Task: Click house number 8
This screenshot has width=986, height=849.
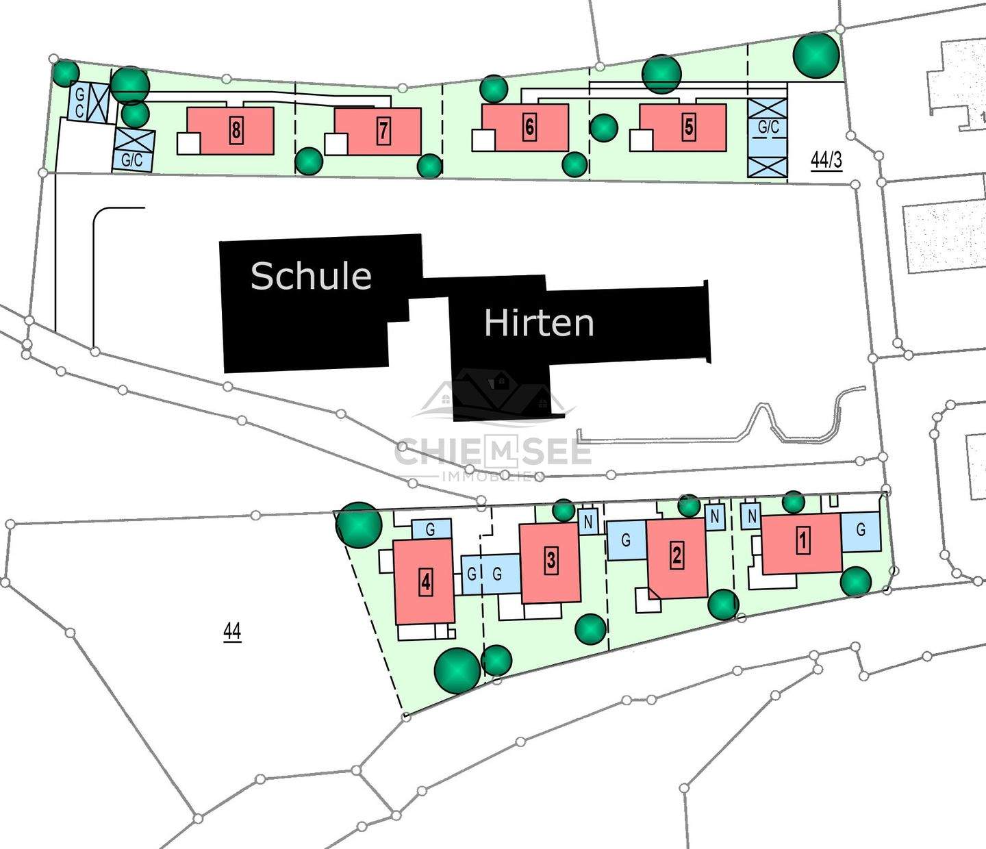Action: click(x=236, y=129)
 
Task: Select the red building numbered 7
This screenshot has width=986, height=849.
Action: click(x=383, y=131)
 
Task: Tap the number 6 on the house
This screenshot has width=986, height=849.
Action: click(x=529, y=127)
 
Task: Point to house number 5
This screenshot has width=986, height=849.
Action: click(x=689, y=127)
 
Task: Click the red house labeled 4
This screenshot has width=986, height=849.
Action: click(x=426, y=582)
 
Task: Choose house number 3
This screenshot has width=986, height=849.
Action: click(x=551, y=561)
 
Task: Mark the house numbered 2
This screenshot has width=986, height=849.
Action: click(x=677, y=555)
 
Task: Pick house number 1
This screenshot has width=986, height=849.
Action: click(x=802, y=542)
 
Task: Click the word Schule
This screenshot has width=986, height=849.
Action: click(x=311, y=275)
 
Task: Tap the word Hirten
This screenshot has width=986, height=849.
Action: click(x=539, y=322)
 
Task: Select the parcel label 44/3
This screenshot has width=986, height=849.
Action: click(x=826, y=160)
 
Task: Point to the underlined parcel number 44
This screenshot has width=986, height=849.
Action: click(x=232, y=631)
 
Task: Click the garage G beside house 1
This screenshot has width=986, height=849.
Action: click(x=861, y=530)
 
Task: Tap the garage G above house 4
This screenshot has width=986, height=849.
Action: click(x=431, y=529)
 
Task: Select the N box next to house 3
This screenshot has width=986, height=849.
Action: click(x=588, y=522)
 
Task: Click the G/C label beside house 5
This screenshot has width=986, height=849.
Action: click(x=768, y=127)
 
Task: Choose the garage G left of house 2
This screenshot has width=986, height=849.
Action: click(x=626, y=540)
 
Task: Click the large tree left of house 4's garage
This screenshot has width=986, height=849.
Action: click(x=359, y=525)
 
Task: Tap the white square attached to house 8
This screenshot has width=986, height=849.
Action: click(x=188, y=143)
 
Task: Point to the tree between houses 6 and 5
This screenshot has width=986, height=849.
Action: click(x=603, y=127)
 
